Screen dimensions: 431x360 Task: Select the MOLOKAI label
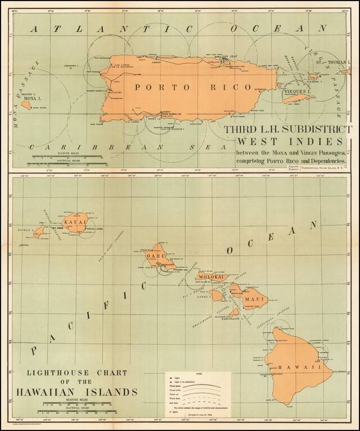pyautogui.click(x=211, y=277)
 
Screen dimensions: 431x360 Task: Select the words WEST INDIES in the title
pyautogui.click(x=281, y=142)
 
